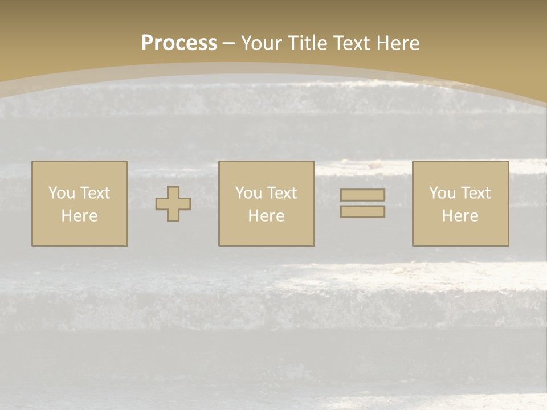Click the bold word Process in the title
(x=179, y=43)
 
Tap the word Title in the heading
(x=311, y=43)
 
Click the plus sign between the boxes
(x=173, y=204)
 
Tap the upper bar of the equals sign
(x=362, y=195)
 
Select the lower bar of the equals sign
(x=362, y=212)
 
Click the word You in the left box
(x=62, y=193)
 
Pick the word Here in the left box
(x=79, y=216)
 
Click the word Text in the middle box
(x=281, y=193)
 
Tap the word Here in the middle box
(x=266, y=216)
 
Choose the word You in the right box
(x=442, y=193)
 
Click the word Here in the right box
(x=460, y=216)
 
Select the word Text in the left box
(x=95, y=193)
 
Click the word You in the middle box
(x=248, y=193)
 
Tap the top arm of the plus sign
(x=173, y=192)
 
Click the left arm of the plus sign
(x=161, y=204)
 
